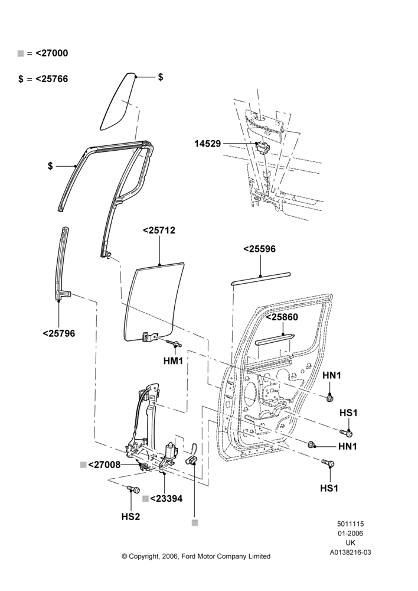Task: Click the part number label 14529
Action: click(x=207, y=144)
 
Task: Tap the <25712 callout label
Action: click(x=159, y=230)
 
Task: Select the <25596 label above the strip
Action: click(x=259, y=249)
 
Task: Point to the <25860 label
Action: click(x=282, y=317)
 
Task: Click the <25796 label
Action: click(x=59, y=333)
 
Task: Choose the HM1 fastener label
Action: click(x=173, y=361)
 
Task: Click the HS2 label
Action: click(x=130, y=517)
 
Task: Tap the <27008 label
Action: click(x=105, y=465)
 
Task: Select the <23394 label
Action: click(x=166, y=499)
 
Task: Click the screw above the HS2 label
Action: click(x=133, y=489)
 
